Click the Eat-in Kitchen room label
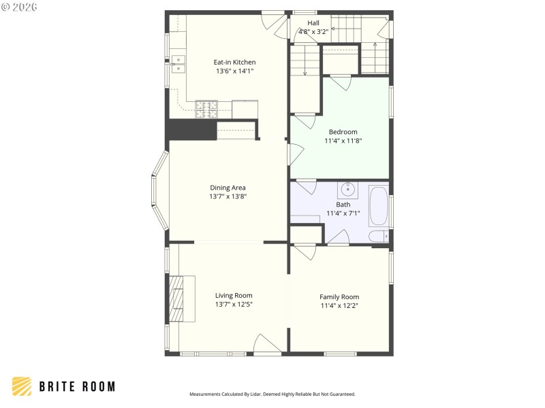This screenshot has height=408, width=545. click(234, 62)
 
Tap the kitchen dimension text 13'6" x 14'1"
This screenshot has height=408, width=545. click(234, 71)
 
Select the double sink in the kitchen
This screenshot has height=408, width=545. click(177, 64)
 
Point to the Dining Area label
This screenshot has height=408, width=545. click(228, 188)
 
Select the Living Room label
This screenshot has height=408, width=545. click(234, 295)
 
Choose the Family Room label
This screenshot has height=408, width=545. click(339, 296)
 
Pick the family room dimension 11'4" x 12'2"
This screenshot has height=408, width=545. click(339, 305)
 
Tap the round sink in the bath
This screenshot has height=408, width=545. click(347, 189)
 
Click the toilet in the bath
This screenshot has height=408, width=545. click(377, 237)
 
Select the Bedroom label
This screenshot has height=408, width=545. click(343, 132)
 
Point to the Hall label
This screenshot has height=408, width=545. click(313, 22)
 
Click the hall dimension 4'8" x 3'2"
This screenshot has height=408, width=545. click(313, 31)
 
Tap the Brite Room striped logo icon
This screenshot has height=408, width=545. click(22, 386)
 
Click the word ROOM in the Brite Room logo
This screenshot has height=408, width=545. click(97, 386)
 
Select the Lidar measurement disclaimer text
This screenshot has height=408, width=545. click(272, 394)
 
